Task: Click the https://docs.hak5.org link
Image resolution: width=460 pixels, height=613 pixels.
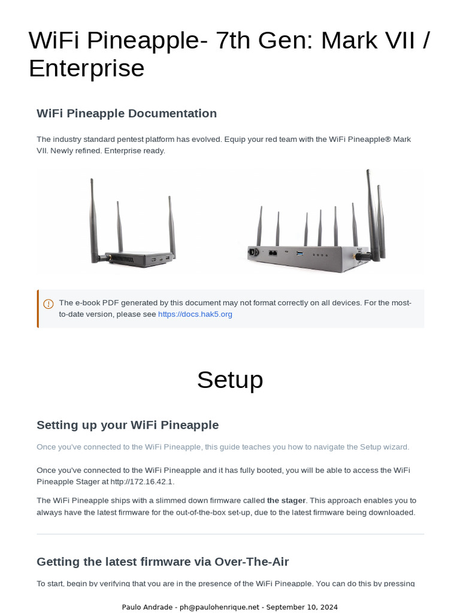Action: (195, 314)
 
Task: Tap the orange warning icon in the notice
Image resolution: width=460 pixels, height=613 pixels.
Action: (49, 304)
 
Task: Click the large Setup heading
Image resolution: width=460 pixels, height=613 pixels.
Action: (230, 380)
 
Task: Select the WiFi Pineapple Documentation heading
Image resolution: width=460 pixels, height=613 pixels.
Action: (126, 114)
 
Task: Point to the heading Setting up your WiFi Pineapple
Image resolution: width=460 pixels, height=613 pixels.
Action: (128, 425)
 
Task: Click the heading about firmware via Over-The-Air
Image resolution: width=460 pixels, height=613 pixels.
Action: (162, 562)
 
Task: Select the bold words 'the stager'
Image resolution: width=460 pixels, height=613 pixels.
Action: (286, 500)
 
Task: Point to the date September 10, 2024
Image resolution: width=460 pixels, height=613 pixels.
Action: (302, 607)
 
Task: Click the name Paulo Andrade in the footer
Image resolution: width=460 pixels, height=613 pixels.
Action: (146, 607)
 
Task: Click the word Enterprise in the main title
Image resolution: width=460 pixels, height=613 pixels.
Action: (87, 68)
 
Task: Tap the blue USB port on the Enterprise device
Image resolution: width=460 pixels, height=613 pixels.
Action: (300, 254)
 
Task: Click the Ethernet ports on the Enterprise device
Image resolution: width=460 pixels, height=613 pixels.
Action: (273, 253)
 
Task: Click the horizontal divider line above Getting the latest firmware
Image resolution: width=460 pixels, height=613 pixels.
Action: (230, 534)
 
